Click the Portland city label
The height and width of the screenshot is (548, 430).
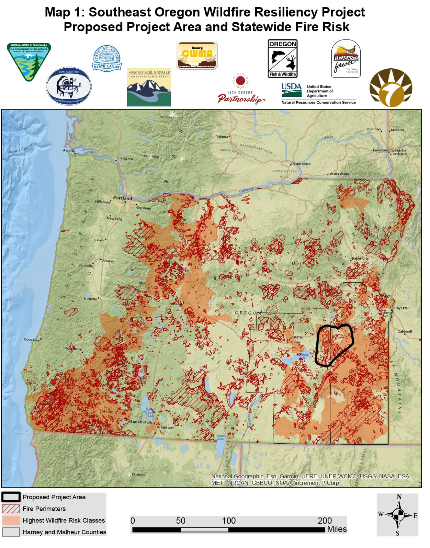[122, 198]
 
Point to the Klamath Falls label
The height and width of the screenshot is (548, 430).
[140, 422]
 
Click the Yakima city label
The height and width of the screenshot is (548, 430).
[222, 136]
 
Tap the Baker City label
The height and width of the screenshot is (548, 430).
[360, 258]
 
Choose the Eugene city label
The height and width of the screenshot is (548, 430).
[91, 298]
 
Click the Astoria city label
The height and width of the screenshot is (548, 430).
[69, 150]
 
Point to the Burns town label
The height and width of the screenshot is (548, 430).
[297, 337]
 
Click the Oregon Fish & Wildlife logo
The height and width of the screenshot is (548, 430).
[282, 58]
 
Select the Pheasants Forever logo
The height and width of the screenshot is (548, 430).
[346, 59]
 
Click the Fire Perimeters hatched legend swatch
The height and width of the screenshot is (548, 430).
[11, 509]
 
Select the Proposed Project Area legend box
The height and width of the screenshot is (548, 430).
[11, 497]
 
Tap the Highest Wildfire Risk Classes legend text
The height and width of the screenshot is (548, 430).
[64, 520]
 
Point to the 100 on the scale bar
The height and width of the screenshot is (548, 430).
[228, 521]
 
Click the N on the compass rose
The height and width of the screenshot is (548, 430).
[399, 497]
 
